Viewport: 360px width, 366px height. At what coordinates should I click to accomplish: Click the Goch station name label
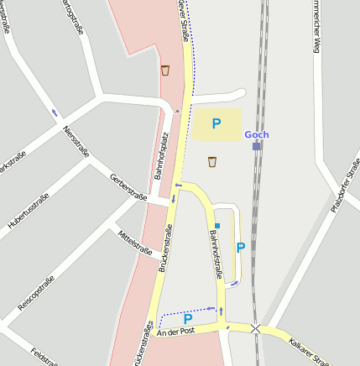click(x=257, y=134)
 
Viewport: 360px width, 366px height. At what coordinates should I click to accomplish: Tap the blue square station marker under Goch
click(x=257, y=146)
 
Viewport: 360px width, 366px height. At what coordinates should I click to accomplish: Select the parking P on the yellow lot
click(x=217, y=124)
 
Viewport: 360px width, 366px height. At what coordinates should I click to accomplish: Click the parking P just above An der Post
click(x=188, y=318)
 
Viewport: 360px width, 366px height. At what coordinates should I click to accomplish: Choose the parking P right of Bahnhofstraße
click(x=241, y=248)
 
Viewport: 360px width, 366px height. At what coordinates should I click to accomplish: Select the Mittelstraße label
click(x=135, y=242)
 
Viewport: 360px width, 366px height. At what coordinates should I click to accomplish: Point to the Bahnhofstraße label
click(x=216, y=255)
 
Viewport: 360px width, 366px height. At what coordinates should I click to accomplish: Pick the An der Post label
click(x=175, y=333)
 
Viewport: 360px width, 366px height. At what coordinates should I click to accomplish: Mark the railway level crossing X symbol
click(x=255, y=330)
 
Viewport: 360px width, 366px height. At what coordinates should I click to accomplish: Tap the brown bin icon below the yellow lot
click(x=212, y=161)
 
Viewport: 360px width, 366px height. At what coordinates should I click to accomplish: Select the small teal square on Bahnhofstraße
click(x=217, y=226)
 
